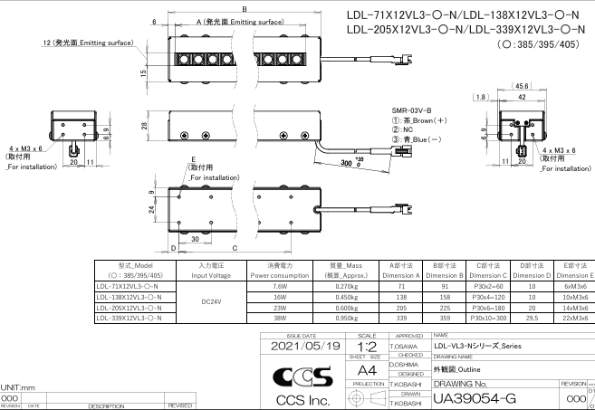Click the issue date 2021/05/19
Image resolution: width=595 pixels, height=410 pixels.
(x=300, y=345)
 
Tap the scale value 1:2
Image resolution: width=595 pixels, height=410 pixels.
(x=367, y=346)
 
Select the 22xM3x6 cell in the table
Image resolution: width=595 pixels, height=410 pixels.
(x=575, y=318)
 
